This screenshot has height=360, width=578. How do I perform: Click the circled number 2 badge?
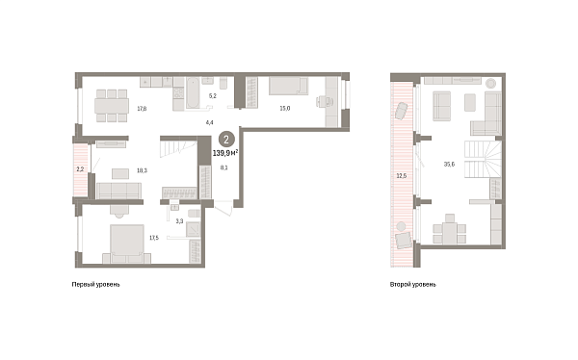coord(226,140)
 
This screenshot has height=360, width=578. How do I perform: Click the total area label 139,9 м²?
coord(225,152)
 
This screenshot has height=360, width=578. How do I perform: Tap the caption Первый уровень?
coord(95,285)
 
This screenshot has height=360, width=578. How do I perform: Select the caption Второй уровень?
coord(413,285)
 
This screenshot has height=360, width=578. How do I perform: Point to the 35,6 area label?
coord(449,165)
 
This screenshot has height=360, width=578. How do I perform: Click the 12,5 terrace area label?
coord(402,176)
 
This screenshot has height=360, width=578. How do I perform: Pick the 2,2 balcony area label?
coord(80,169)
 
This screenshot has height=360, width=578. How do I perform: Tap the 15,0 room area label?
coord(285,109)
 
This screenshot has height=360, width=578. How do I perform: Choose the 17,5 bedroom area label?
coord(154,238)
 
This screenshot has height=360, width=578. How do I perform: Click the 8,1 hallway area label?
coord(223,167)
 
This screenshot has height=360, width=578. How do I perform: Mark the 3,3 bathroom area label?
coord(179,221)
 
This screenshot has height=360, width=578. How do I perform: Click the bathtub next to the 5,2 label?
coord(193,92)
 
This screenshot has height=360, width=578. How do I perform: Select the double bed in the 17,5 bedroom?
coord(127,241)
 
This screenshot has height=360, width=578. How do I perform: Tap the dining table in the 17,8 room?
coord(112,106)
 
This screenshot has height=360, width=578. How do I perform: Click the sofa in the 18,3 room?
coord(118,191)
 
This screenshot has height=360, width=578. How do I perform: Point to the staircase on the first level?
coord(178,147)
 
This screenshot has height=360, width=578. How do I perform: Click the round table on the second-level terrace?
coord(401,226)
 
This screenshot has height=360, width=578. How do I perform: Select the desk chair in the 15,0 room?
coord(322,101)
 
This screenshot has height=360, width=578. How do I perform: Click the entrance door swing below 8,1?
coord(223,208)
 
